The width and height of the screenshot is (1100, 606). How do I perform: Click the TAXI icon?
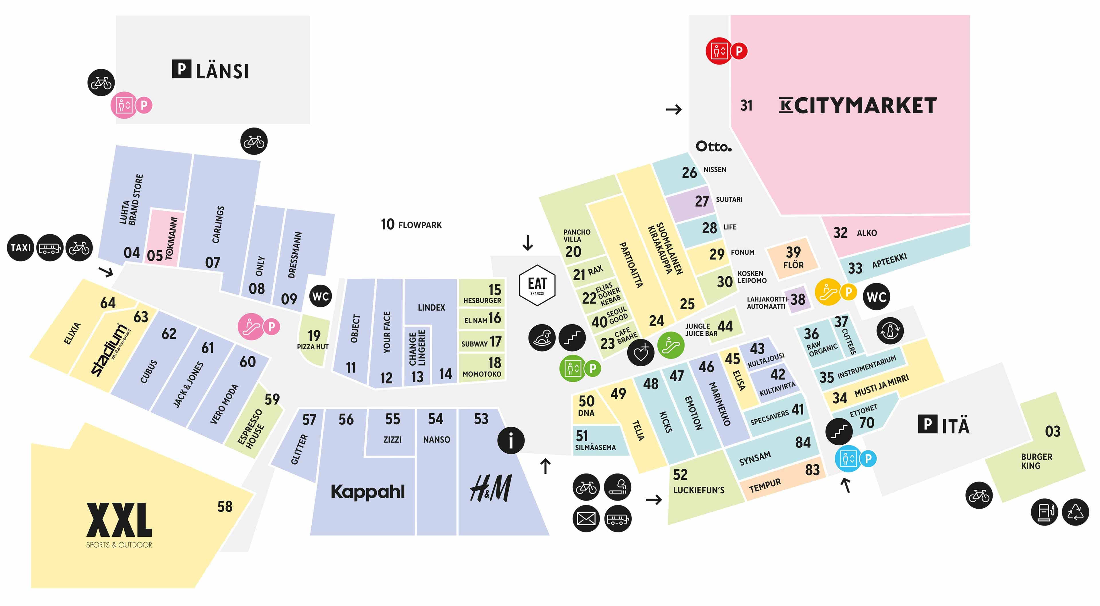[21, 248]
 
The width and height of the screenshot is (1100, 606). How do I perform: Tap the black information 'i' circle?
[511, 440]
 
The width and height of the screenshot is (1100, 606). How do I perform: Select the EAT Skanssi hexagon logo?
[537, 285]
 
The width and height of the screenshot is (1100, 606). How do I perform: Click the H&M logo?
[491, 488]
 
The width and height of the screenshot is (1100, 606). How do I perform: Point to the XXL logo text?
[119, 520]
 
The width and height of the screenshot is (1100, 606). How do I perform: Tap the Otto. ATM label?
[714, 146]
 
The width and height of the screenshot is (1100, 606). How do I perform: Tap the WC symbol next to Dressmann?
[320, 296]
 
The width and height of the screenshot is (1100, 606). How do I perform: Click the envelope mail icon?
[586, 518]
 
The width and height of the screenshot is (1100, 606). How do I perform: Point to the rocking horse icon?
[542, 337]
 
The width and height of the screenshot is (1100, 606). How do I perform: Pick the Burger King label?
[1036, 461]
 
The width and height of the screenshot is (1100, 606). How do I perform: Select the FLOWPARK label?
[420, 225]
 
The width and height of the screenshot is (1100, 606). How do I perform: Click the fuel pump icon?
[1044, 512]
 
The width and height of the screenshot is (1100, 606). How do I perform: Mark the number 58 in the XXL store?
[225, 507]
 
